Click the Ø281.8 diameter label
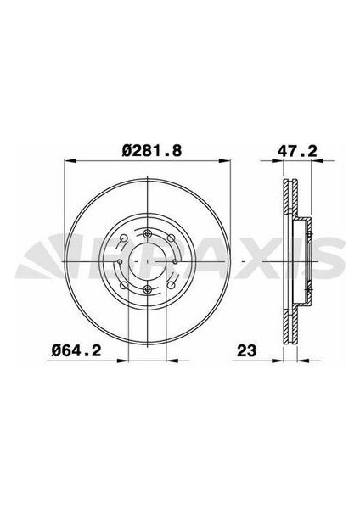pyautogui.click(x=152, y=151)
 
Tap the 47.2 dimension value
pyautogui.click(x=297, y=151)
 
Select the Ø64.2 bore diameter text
pyautogui.click(x=76, y=350)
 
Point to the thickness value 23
pyautogui.click(x=246, y=351)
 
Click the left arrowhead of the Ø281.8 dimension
pyautogui.click(x=70, y=160)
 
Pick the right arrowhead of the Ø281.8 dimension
pyautogui.click(x=225, y=160)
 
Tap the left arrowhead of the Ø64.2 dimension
pyautogui.click(x=123, y=360)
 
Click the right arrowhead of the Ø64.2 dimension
pyautogui.click(x=172, y=360)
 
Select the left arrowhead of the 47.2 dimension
pyautogui.click(x=278, y=160)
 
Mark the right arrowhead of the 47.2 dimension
pyautogui.click(x=317, y=160)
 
